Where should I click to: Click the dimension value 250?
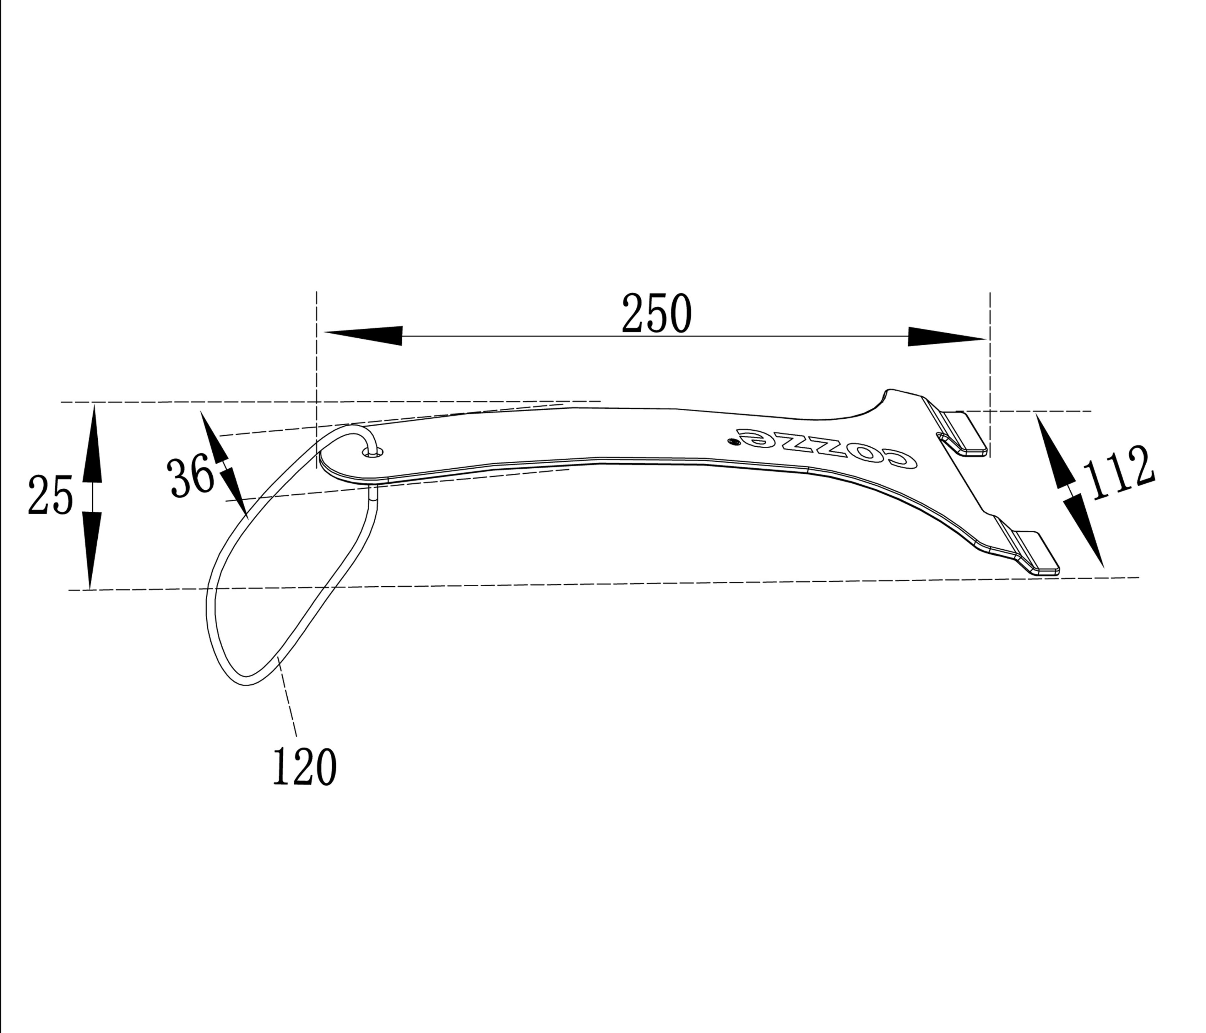(657, 314)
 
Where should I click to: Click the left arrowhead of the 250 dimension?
(363, 336)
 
